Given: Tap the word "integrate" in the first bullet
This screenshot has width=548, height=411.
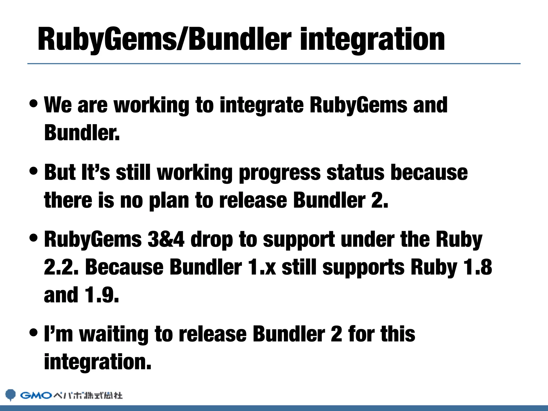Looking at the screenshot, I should point(261,105).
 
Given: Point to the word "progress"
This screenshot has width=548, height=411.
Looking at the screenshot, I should point(280,173).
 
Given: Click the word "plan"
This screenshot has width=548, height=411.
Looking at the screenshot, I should point(169,201).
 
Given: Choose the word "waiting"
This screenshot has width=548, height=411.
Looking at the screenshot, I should point(114,334).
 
